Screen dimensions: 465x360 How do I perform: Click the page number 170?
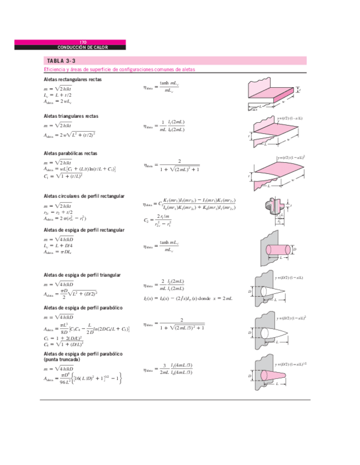(83, 42)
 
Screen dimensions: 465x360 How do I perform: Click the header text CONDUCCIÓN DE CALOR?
(83, 47)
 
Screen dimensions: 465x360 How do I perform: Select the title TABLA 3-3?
(60, 61)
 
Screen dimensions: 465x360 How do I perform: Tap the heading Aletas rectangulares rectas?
(72, 80)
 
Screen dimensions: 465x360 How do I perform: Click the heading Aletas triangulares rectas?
(71, 116)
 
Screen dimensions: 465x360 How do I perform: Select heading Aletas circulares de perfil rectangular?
(83, 196)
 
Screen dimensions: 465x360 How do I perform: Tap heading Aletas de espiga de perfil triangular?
(82, 275)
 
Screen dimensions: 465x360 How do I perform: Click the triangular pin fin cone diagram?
(272, 291)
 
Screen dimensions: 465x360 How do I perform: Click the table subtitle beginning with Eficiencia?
(119, 70)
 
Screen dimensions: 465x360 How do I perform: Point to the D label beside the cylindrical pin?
(295, 249)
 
